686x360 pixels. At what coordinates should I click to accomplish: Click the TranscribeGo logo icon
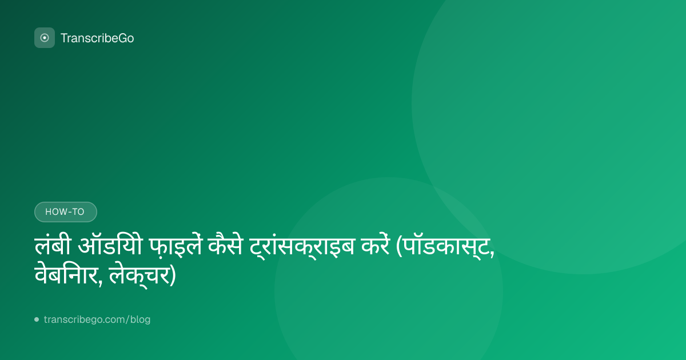coord(45,38)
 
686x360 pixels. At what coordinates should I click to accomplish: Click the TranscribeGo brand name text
coord(97,38)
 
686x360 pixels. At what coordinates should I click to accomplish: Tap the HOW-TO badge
coord(66,212)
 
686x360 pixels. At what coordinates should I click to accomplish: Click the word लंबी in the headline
coord(53,246)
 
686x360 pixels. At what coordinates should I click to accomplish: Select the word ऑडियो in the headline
coord(110,246)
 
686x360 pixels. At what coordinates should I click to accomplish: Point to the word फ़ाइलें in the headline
coord(176,246)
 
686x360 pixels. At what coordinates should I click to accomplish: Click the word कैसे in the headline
coord(225,246)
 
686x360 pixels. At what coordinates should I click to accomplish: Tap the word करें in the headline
coord(376,246)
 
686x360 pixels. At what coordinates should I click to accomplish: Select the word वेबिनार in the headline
coord(66,275)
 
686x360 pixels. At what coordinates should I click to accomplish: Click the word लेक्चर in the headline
coord(139,275)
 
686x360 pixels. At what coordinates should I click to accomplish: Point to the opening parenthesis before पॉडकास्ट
coord(399,247)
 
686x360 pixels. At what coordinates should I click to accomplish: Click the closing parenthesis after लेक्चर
coord(173,276)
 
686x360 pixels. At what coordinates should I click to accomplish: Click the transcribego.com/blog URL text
coord(97,319)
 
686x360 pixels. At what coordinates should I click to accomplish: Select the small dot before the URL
coord(37,319)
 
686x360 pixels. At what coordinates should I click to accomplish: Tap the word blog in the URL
coord(140,319)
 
